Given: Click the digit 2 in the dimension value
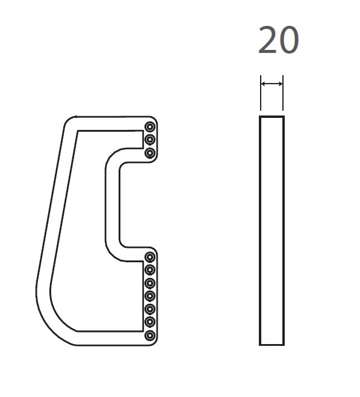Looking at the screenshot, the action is pos(268,40).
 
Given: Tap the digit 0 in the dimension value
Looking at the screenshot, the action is pos(289,40).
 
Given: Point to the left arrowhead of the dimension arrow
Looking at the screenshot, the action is pos(263,84).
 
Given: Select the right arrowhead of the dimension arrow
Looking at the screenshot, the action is pos(281,84).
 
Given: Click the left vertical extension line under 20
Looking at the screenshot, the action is pos(261,93).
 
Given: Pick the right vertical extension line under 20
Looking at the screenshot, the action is pos(283,93).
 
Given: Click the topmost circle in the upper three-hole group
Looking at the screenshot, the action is pos(150,126).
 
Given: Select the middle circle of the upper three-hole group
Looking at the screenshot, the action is pos(150,140).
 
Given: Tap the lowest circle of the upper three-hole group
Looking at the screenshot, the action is pos(150,153).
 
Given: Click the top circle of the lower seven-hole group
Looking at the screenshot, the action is pos(150,257).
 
